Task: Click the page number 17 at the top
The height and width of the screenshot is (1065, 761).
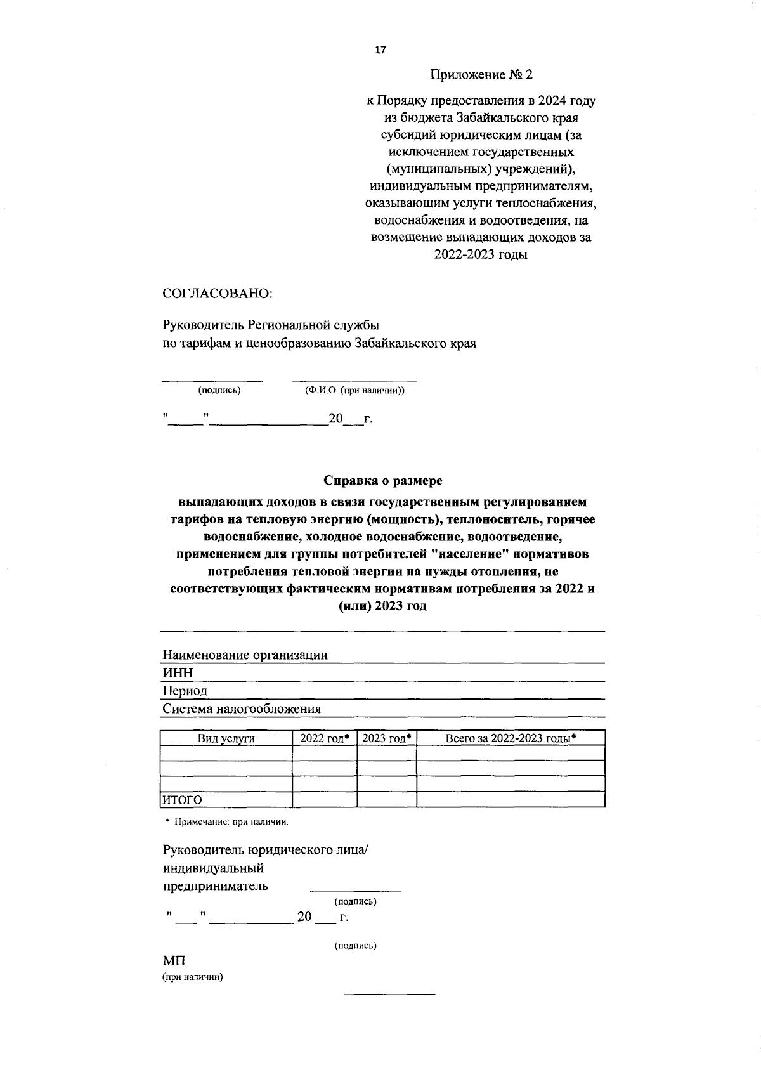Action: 380,51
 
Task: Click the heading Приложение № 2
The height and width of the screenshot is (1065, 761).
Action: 481,75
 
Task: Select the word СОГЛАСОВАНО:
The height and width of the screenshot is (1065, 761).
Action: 218,294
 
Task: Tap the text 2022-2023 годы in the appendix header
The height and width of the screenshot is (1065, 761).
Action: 481,255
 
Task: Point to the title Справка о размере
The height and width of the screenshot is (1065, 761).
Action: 383,481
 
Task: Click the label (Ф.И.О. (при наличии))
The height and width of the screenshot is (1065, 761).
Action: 354,390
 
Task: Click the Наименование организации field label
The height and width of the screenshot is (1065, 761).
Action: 245,655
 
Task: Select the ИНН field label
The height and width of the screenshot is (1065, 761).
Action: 178,672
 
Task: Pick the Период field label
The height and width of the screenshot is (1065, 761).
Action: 185,690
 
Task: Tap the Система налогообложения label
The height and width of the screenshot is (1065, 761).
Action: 242,709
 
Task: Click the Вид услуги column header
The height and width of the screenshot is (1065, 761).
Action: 226,738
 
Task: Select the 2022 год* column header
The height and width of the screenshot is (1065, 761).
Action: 325,738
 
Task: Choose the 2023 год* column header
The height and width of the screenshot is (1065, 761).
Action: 387,738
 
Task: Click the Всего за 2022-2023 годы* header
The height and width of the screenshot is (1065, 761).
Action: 511,738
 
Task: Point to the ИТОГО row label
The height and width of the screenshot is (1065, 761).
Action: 182,800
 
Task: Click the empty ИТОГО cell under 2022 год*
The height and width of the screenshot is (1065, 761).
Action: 325,799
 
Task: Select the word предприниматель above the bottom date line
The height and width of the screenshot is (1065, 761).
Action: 215,885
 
